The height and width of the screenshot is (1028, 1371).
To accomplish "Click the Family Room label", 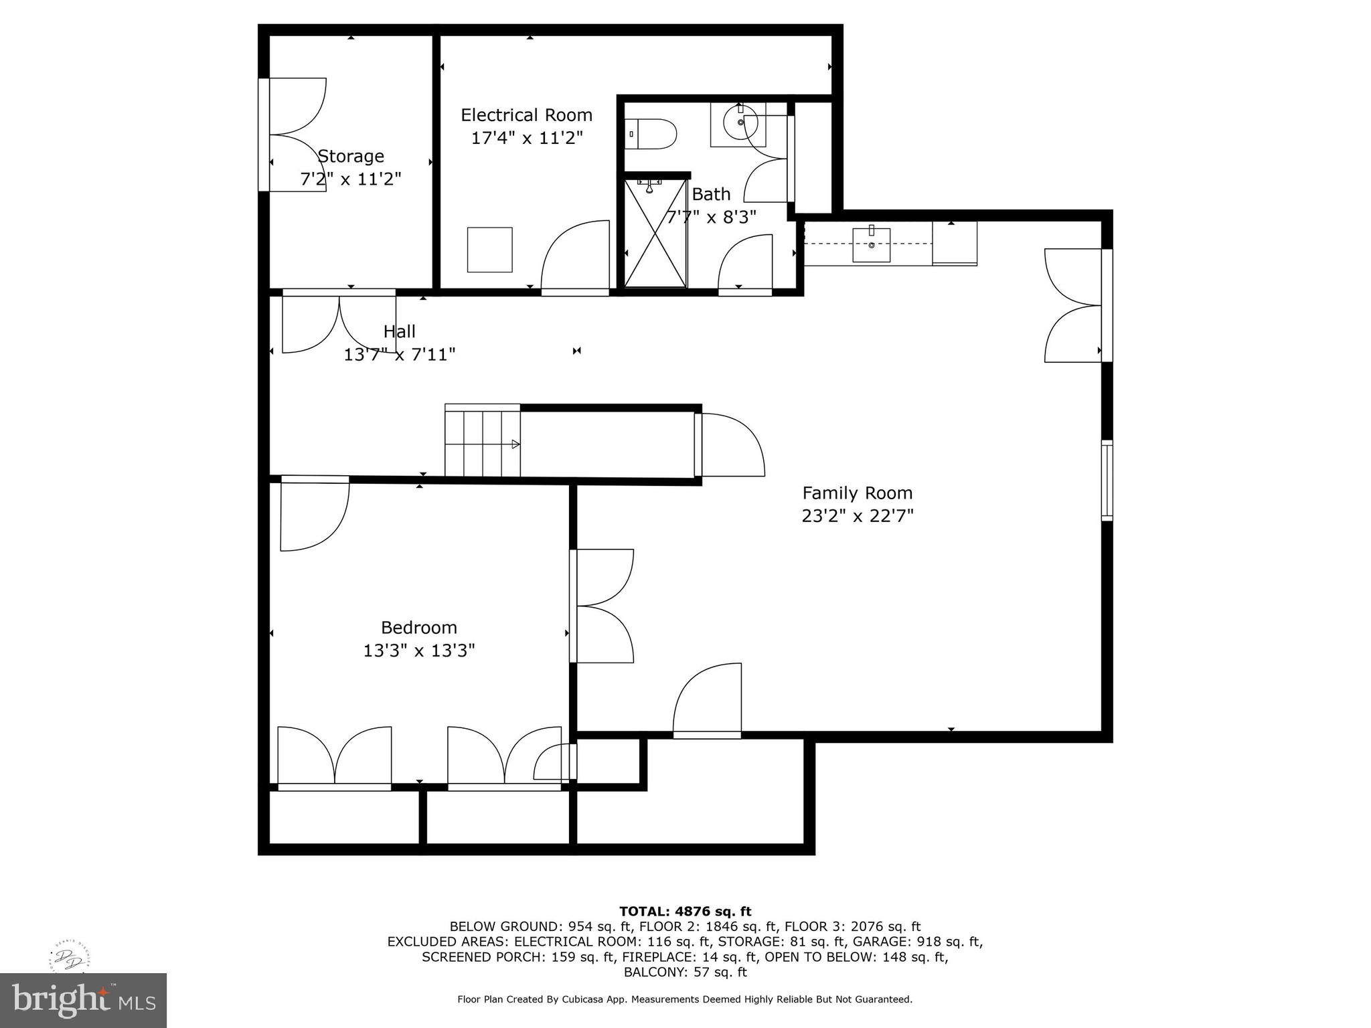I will (857, 493).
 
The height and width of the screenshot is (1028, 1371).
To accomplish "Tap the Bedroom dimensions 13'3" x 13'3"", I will (419, 651).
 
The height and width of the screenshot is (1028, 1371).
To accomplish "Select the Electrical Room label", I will (526, 115).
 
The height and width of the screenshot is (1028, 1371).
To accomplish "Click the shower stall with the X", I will (656, 233).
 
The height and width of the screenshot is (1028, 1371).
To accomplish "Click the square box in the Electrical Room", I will (489, 250).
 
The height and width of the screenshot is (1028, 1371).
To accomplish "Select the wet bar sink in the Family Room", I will (871, 244).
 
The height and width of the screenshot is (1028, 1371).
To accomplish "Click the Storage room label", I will (351, 156).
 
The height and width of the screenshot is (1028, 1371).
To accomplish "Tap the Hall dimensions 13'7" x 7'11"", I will (400, 355).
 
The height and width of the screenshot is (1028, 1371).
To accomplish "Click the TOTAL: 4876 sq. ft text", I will (685, 911).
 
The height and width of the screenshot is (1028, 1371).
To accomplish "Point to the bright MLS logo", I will (83, 1000).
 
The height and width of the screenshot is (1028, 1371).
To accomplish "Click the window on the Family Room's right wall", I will (1107, 480).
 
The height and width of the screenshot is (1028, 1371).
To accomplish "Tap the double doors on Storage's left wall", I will (295, 135).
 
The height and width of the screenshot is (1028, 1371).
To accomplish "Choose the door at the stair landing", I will (730, 445).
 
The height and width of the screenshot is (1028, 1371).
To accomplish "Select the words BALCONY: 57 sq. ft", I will (685, 972).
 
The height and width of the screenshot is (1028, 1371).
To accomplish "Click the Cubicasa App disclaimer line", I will (685, 999).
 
